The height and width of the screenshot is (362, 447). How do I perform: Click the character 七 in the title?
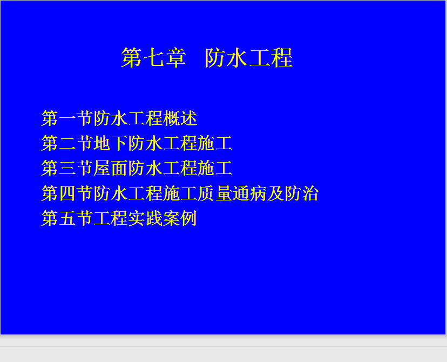[153, 58]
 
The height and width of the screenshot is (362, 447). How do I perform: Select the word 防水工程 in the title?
[249, 58]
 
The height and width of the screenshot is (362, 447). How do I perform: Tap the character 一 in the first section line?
[67, 118]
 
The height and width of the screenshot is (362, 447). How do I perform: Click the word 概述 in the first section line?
[180, 118]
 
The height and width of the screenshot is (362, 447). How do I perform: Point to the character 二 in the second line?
[67, 143]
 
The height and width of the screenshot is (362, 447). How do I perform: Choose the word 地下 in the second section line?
[111, 143]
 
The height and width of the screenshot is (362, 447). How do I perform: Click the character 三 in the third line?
[67, 168]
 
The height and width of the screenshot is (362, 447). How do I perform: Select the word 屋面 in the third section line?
[111, 168]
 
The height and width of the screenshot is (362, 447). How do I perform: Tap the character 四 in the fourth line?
[67, 193]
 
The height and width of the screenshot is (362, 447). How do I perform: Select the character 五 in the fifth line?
[67, 218]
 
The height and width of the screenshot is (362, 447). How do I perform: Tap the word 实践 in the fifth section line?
[145, 218]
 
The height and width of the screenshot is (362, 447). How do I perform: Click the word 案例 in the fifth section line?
[180, 218]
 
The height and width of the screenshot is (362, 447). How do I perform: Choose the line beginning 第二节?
[137, 143]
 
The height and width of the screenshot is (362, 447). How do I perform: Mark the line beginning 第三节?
[137, 168]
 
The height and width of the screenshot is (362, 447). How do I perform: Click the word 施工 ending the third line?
[215, 168]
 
